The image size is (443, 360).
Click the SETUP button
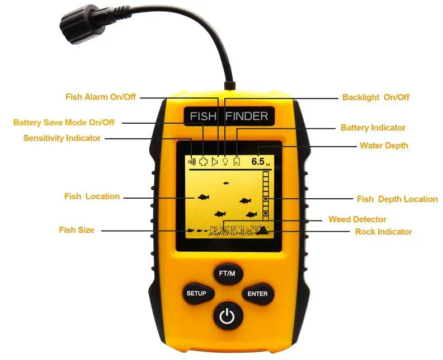pyautogui.click(x=196, y=293)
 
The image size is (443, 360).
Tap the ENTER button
pyautogui.click(x=257, y=293)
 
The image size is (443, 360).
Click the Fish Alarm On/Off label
pyautogui.click(x=100, y=97)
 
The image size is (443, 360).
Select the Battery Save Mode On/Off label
pyautogui.click(x=64, y=123)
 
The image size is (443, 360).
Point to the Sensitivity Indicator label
pyautogui.click(x=62, y=138)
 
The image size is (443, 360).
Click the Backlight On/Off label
pyautogui.click(x=375, y=97)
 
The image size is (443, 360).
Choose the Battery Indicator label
pyautogui.click(x=373, y=128)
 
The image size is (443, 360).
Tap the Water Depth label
pyautogui.click(x=384, y=146)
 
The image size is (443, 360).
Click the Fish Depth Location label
pyautogui.click(x=397, y=199)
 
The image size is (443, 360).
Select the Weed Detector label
pyautogui.click(x=357, y=219)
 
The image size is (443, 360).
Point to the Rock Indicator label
pyautogui.click(x=383, y=231)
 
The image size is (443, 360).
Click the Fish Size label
pyautogui.click(x=76, y=230)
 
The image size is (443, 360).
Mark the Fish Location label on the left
pyautogui.click(x=92, y=197)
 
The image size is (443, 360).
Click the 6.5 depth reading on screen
pyautogui.click(x=258, y=161)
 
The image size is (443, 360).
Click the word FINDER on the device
pyautogui.click(x=246, y=116)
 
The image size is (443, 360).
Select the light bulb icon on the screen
pyautogui.click(x=225, y=161)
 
